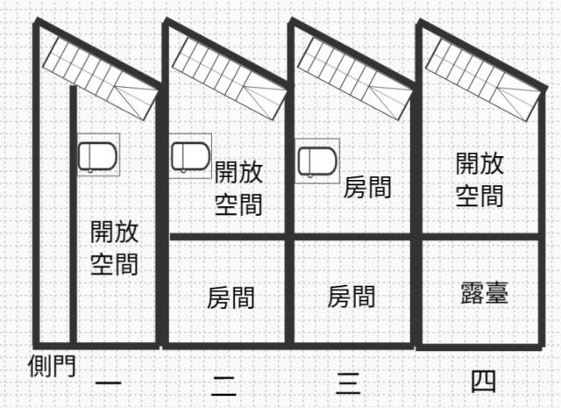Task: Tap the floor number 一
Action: (108, 383)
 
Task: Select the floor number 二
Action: (224, 383)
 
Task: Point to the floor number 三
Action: (349, 382)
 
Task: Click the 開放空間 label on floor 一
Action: (114, 247)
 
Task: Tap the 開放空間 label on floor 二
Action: (238, 188)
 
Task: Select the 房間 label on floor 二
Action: (231, 297)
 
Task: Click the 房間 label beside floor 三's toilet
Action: (366, 187)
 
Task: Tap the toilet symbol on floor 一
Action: (96, 157)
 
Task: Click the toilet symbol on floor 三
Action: (316, 161)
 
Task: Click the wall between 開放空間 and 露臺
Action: (480, 236)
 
